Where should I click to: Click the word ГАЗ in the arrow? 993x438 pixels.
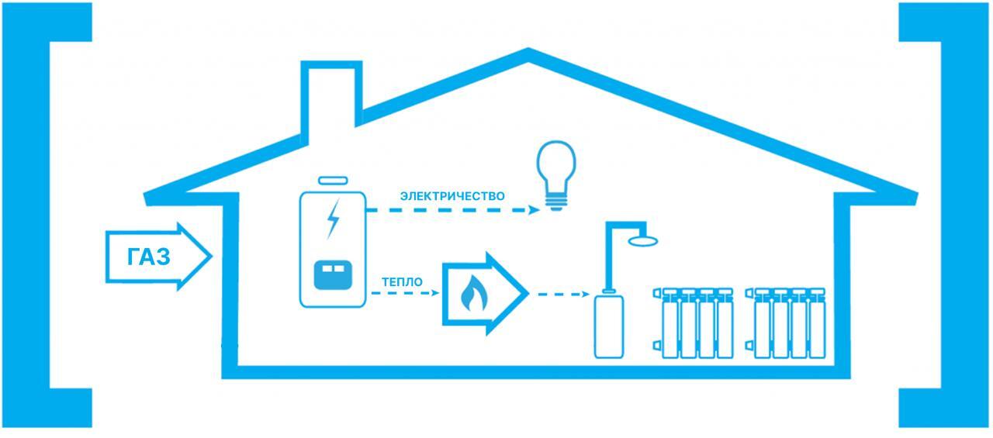coord(148,257)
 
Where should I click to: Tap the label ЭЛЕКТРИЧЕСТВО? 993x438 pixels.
coord(452,196)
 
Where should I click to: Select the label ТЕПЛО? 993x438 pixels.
coord(403,282)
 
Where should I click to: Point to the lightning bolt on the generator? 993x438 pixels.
coord(333,219)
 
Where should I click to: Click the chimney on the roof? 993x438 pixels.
coord(332,93)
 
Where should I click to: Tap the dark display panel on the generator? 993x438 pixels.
coord(333,274)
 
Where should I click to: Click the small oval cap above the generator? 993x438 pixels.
coord(333,180)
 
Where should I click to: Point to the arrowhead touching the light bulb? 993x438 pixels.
coord(534,209)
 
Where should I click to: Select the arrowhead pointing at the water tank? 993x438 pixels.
coord(585,295)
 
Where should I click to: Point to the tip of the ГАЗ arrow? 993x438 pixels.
coord(210,257)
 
